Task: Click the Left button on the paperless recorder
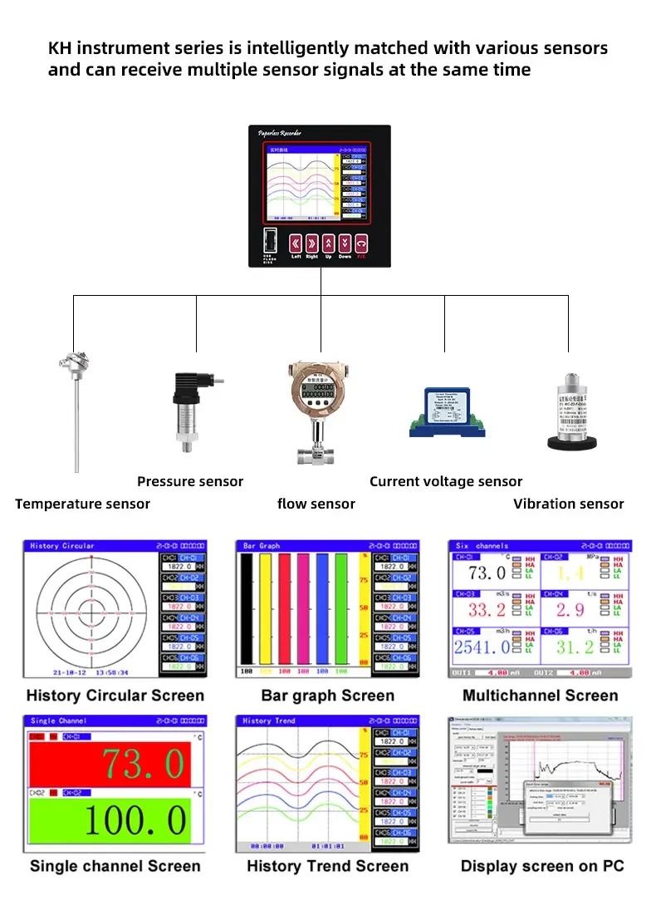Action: (x=296, y=243)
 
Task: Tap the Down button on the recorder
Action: (x=345, y=243)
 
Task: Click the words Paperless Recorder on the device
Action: (x=280, y=133)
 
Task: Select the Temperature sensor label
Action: (x=83, y=504)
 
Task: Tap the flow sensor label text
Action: (x=316, y=504)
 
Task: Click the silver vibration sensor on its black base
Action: (x=571, y=411)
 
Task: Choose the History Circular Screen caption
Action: (x=115, y=696)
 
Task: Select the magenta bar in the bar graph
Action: (x=284, y=607)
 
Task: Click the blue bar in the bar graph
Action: (x=322, y=607)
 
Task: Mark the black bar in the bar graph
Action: (x=246, y=607)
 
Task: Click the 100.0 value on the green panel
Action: (x=135, y=820)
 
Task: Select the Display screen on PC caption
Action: (x=542, y=866)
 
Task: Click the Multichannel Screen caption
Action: (x=541, y=696)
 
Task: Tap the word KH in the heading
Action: (x=60, y=48)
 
